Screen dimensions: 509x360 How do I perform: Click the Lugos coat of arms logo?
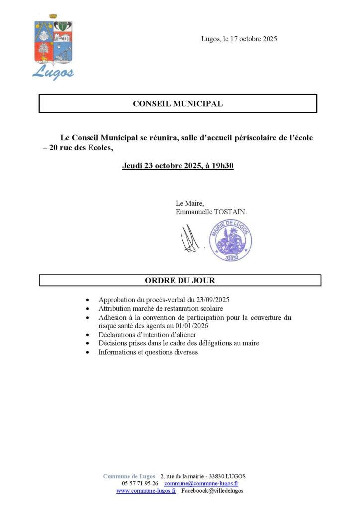[x=53, y=47]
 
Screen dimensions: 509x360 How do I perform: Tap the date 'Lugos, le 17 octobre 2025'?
[x=239, y=39]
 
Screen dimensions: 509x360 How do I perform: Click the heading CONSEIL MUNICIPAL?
[x=178, y=104]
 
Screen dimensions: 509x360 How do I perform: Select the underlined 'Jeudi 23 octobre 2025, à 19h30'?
[x=178, y=166]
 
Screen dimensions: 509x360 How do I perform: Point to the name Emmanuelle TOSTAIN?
[x=211, y=212]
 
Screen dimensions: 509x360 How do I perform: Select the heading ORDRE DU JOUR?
[x=180, y=281]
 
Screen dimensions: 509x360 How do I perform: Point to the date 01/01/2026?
[x=191, y=326]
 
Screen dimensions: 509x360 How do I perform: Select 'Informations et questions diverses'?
[x=148, y=352]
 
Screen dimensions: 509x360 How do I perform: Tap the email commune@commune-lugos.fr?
[x=201, y=483]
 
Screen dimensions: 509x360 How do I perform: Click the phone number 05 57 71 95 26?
[x=140, y=483]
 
